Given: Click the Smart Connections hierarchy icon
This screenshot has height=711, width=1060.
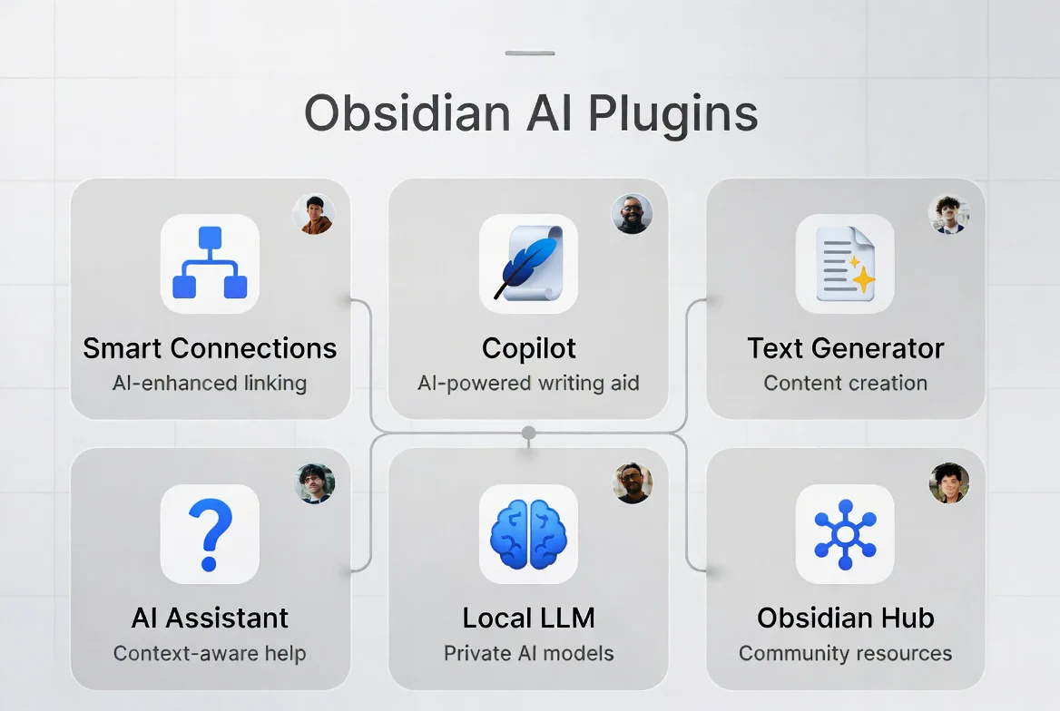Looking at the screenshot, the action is [x=210, y=264].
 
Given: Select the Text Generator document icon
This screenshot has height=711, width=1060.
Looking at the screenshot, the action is [x=845, y=264].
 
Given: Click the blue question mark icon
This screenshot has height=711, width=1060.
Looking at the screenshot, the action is [x=210, y=534].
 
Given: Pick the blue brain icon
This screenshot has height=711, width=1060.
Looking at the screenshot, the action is [x=529, y=534].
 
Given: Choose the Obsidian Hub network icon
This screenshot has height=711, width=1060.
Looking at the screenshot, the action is [x=845, y=534].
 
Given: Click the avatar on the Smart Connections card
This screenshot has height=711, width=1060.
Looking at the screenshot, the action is [x=314, y=214].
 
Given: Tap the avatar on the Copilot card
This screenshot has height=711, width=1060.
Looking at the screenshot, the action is [x=632, y=214].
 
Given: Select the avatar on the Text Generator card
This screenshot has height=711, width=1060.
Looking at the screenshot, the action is [x=949, y=214].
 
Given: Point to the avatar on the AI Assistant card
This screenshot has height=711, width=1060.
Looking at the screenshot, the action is [x=315, y=483].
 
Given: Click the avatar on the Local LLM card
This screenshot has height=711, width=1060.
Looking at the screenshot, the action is [x=632, y=483].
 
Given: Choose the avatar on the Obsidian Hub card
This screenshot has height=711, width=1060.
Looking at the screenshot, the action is [x=949, y=483].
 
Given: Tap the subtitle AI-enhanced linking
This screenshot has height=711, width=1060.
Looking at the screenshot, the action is [x=210, y=384].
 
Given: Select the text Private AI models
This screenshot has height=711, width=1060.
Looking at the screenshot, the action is [x=529, y=654].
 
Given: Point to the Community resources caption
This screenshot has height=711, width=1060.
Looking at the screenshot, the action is [x=845, y=654].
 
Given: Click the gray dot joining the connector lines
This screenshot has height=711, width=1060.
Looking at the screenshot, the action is [x=529, y=433].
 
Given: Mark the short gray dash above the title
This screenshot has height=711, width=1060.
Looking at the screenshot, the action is [x=530, y=53].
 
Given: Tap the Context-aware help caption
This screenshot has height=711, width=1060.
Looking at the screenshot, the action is [x=210, y=654].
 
